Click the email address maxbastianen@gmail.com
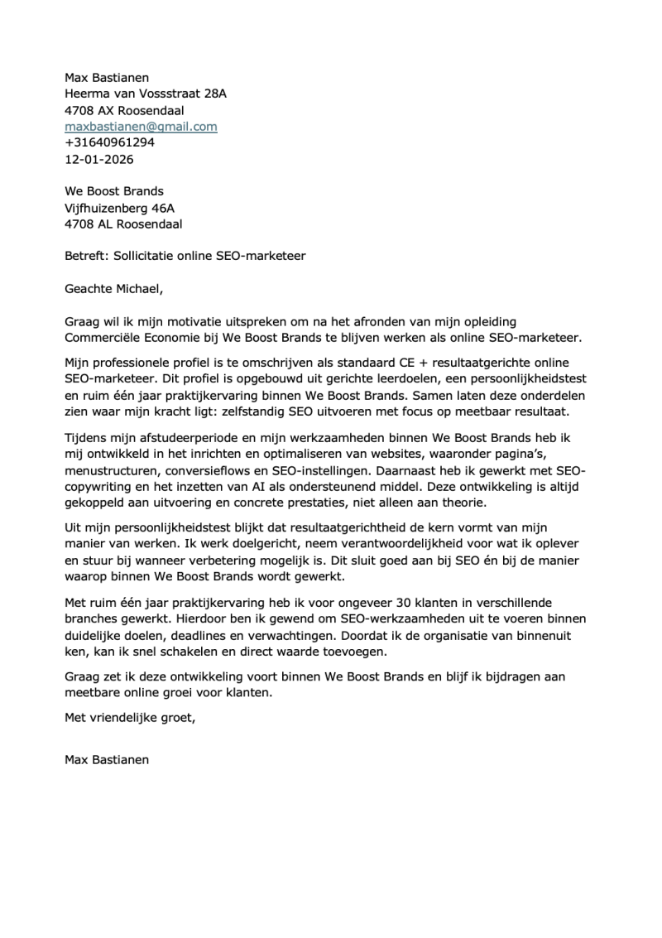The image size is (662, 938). pyautogui.click(x=141, y=127)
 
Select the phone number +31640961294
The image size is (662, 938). pyautogui.click(x=109, y=142)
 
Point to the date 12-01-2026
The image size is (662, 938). pyautogui.click(x=98, y=159)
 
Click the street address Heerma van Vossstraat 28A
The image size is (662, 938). pyautogui.click(x=145, y=94)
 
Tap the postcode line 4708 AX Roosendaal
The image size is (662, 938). pyautogui.click(x=124, y=110)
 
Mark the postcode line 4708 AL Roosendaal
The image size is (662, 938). pyautogui.click(x=123, y=224)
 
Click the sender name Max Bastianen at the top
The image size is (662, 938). pyautogui.click(x=107, y=78)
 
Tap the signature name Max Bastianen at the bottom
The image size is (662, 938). pyautogui.click(x=107, y=759)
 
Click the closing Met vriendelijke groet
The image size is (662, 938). pyautogui.click(x=130, y=718)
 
